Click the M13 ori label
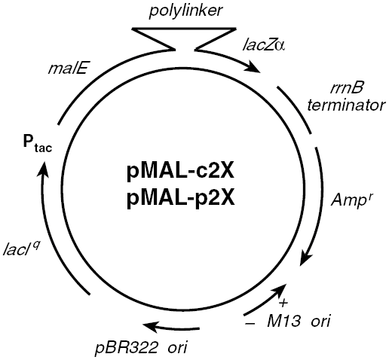(x=299, y=322)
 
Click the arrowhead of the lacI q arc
(x=42, y=170)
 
